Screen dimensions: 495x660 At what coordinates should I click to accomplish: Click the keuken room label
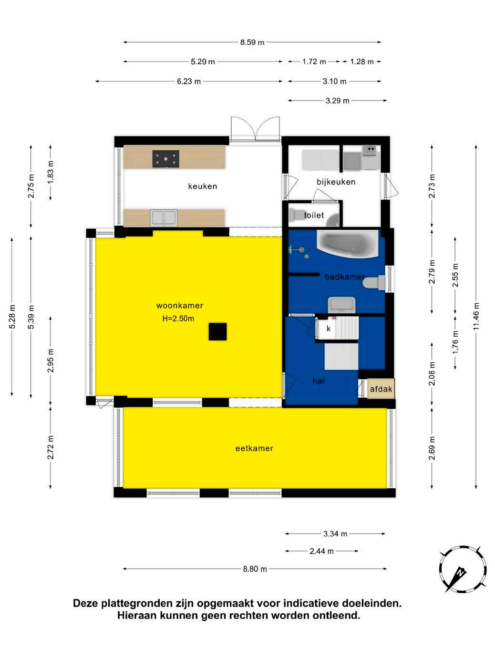point(202,186)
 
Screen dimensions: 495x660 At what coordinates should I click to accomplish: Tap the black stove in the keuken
point(165,159)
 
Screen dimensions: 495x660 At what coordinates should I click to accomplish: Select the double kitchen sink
point(164,217)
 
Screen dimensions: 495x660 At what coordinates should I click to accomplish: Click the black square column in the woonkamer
point(217,331)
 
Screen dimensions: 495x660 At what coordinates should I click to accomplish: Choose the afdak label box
point(381,389)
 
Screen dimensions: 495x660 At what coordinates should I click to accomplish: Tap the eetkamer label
point(254,448)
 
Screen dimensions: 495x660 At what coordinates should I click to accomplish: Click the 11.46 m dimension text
point(476,316)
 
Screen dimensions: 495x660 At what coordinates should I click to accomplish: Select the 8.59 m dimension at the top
point(252,42)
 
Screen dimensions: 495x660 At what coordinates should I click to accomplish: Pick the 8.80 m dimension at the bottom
point(255,569)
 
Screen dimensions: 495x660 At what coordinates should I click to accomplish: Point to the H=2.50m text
point(178,319)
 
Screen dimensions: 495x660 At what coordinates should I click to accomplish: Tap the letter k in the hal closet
point(329,329)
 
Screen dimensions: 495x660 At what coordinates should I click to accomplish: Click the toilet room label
point(314,215)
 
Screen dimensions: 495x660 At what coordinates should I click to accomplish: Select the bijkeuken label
point(336,182)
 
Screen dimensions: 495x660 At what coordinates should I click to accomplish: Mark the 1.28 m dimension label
point(361,62)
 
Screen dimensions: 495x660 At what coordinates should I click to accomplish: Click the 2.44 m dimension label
point(321,551)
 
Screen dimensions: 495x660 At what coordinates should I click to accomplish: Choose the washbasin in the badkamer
point(341,304)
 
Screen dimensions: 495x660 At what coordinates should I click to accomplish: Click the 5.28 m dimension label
point(12,317)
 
